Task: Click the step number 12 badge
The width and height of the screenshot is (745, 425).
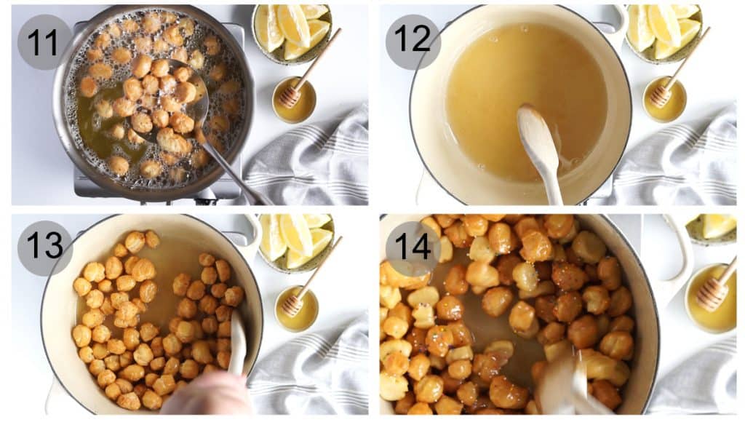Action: (413, 42)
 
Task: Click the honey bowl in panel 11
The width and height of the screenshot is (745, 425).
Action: (295, 102)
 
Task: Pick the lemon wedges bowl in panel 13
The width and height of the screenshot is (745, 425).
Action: (295, 240)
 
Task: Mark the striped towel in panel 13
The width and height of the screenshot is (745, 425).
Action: (313, 371)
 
